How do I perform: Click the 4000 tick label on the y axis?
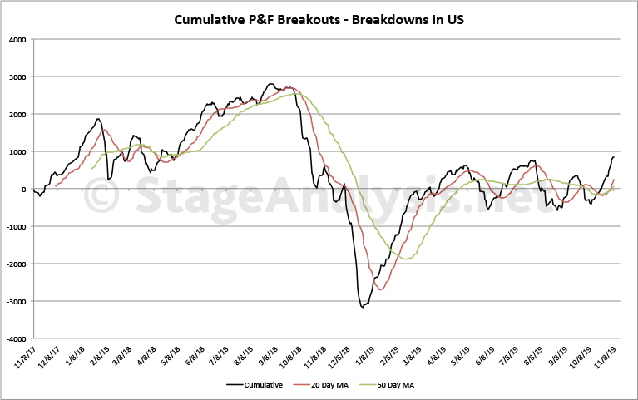point(17,40)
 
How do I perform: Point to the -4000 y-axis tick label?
point(15,339)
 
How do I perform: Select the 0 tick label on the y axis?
point(24,190)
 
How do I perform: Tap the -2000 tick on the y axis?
point(15,264)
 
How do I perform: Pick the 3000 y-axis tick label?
point(17,77)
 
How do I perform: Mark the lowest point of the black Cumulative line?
point(363,308)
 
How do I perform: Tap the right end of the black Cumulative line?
point(614,157)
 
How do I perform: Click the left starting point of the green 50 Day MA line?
point(91,169)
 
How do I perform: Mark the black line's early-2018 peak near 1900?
point(98,119)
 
